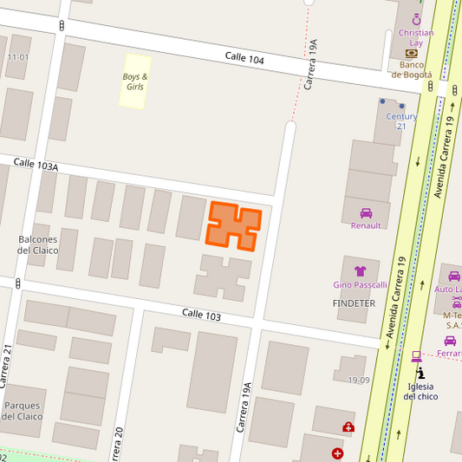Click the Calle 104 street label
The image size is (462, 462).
tap(244, 59)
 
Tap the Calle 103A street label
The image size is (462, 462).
tap(36, 164)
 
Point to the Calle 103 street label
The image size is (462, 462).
tap(201, 316)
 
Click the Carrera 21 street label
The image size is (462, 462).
tap(7, 364)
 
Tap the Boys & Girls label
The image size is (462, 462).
tap(134, 81)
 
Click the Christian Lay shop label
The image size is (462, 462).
tap(416, 38)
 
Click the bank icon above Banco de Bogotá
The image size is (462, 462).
tap(411, 53)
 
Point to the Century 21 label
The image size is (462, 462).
tap(401, 120)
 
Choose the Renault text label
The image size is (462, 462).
tap(366, 225)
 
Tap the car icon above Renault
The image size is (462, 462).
tap(366, 212)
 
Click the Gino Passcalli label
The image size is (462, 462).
tap(360, 285)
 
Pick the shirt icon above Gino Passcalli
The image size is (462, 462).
tap(360, 271)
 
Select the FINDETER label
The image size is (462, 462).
tap(354, 303)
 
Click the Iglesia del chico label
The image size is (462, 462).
tap(420, 391)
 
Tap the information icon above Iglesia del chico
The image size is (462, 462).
tap(420, 372)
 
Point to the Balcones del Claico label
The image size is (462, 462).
tap(38, 244)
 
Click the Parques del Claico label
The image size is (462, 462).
tap(23, 410)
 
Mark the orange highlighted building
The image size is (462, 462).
tap(233, 225)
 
